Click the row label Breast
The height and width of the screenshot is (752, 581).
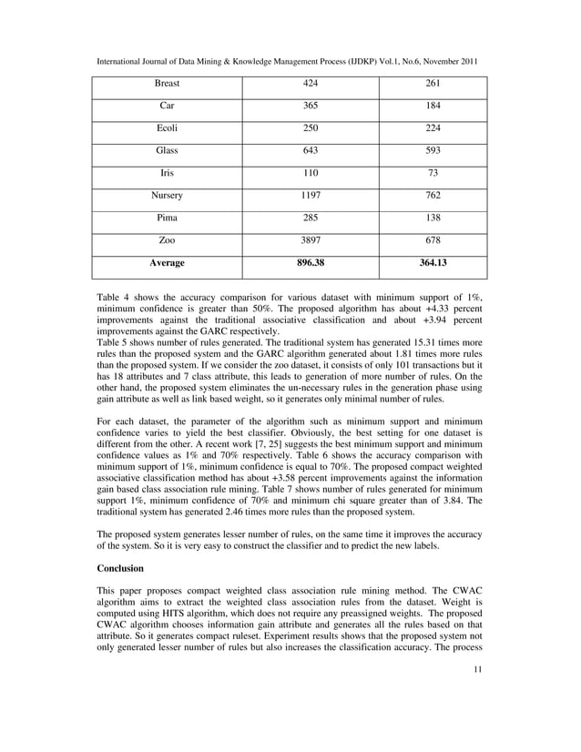(x=167, y=84)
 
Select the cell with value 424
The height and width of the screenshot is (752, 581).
(x=311, y=84)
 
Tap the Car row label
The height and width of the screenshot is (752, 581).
(x=167, y=106)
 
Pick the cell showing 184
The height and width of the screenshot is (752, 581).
(x=433, y=106)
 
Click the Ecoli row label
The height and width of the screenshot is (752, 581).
(x=167, y=128)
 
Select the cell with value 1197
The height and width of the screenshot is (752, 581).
(x=311, y=195)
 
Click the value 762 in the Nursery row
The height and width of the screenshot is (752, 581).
(x=433, y=195)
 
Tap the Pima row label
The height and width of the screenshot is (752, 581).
(x=167, y=218)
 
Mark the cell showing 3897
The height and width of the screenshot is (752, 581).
(x=311, y=239)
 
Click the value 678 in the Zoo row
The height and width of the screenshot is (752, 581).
(x=433, y=239)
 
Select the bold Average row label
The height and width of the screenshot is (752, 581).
(x=167, y=262)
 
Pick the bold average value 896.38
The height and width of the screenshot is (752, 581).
(x=311, y=262)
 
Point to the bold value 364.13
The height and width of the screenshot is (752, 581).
(x=433, y=262)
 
